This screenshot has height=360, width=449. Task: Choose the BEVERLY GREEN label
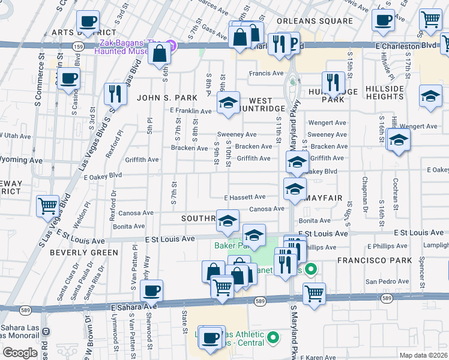point(84,253)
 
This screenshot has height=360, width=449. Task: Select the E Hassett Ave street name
point(245,197)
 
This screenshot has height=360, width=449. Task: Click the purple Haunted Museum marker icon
point(172,45)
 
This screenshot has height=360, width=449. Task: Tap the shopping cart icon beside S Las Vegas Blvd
point(48,205)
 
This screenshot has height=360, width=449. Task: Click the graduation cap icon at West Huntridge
point(228,103)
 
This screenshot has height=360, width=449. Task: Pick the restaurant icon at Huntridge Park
point(332,82)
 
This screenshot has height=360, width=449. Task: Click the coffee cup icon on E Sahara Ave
point(151,290)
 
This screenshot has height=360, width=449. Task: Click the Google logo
point(19,352)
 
